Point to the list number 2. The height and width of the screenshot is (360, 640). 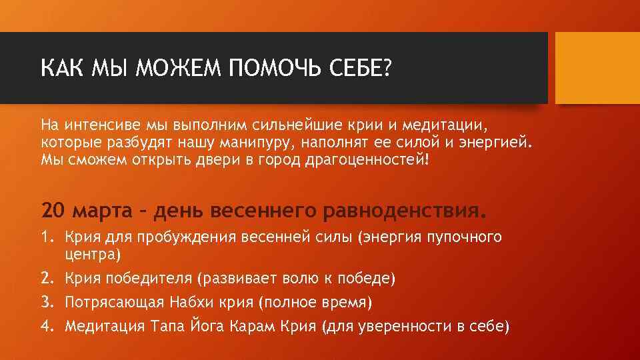coord(47,278)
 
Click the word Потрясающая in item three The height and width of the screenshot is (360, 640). coord(114,303)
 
